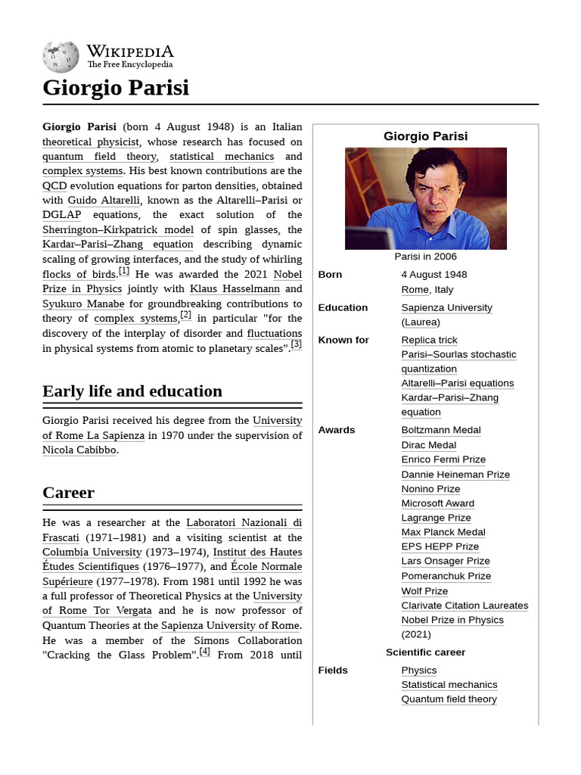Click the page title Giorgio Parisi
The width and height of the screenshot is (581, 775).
(x=116, y=88)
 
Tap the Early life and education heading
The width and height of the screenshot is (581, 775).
(x=132, y=391)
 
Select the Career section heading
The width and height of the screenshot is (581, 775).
(x=68, y=493)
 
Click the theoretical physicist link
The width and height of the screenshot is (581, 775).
(x=91, y=142)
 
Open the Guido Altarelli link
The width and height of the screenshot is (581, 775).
(x=104, y=201)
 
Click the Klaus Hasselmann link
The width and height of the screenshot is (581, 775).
(x=235, y=289)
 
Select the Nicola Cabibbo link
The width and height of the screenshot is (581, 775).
(x=79, y=450)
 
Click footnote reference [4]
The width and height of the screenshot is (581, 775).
(x=204, y=652)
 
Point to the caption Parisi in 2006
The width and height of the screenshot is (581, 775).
(x=426, y=257)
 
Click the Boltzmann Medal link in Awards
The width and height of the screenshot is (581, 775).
(x=441, y=430)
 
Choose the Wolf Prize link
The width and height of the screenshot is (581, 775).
(x=424, y=591)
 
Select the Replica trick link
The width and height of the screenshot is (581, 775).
(x=429, y=341)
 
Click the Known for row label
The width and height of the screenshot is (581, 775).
(x=343, y=341)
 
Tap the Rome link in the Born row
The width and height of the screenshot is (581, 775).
(x=415, y=290)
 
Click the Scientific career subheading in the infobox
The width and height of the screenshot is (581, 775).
(x=425, y=652)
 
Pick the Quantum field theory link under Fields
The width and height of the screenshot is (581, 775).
(x=449, y=699)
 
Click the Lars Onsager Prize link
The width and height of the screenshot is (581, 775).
(x=446, y=562)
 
